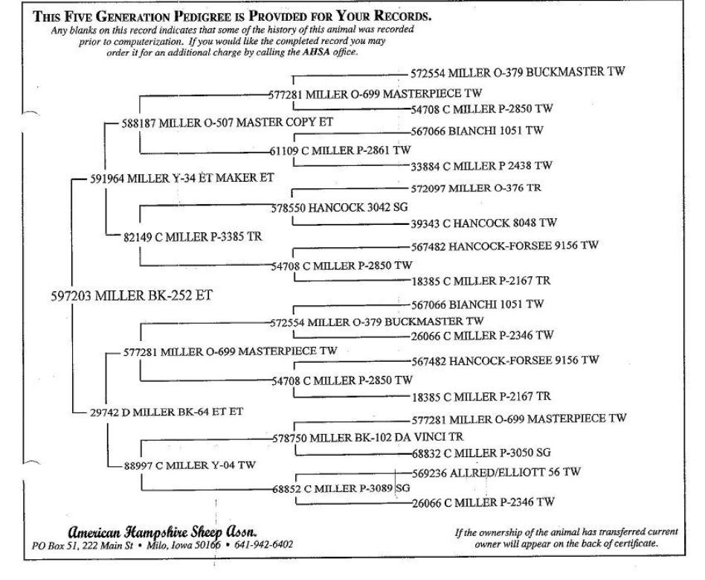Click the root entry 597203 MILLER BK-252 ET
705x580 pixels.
pyautogui.click(x=132, y=296)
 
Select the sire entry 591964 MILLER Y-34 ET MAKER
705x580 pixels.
pyautogui.click(x=182, y=178)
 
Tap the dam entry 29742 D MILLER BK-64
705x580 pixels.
pyautogui.click(x=167, y=412)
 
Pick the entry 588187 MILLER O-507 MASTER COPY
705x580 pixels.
pyautogui.click(x=227, y=123)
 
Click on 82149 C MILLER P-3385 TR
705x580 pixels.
pyautogui.click(x=193, y=237)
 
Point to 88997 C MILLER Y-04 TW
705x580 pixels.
pyautogui.click(x=190, y=465)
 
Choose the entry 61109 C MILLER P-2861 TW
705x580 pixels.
pyautogui.click(x=341, y=150)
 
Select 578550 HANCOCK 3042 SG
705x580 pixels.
pyautogui.click(x=339, y=208)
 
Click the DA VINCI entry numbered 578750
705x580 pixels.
pyautogui.click(x=368, y=437)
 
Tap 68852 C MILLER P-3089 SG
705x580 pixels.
pyautogui.click(x=341, y=488)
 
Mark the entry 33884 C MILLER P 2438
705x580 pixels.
pyautogui.click(x=481, y=166)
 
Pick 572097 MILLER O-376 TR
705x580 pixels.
pyautogui.click(x=476, y=188)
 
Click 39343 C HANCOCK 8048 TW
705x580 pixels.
pyautogui.click(x=484, y=223)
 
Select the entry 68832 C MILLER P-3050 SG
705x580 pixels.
pyautogui.click(x=482, y=453)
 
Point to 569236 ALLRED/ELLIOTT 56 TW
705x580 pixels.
pyautogui.click(x=496, y=472)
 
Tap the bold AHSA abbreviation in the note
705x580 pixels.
pyautogui.click(x=317, y=52)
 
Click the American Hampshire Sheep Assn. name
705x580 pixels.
pyautogui.click(x=162, y=532)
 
